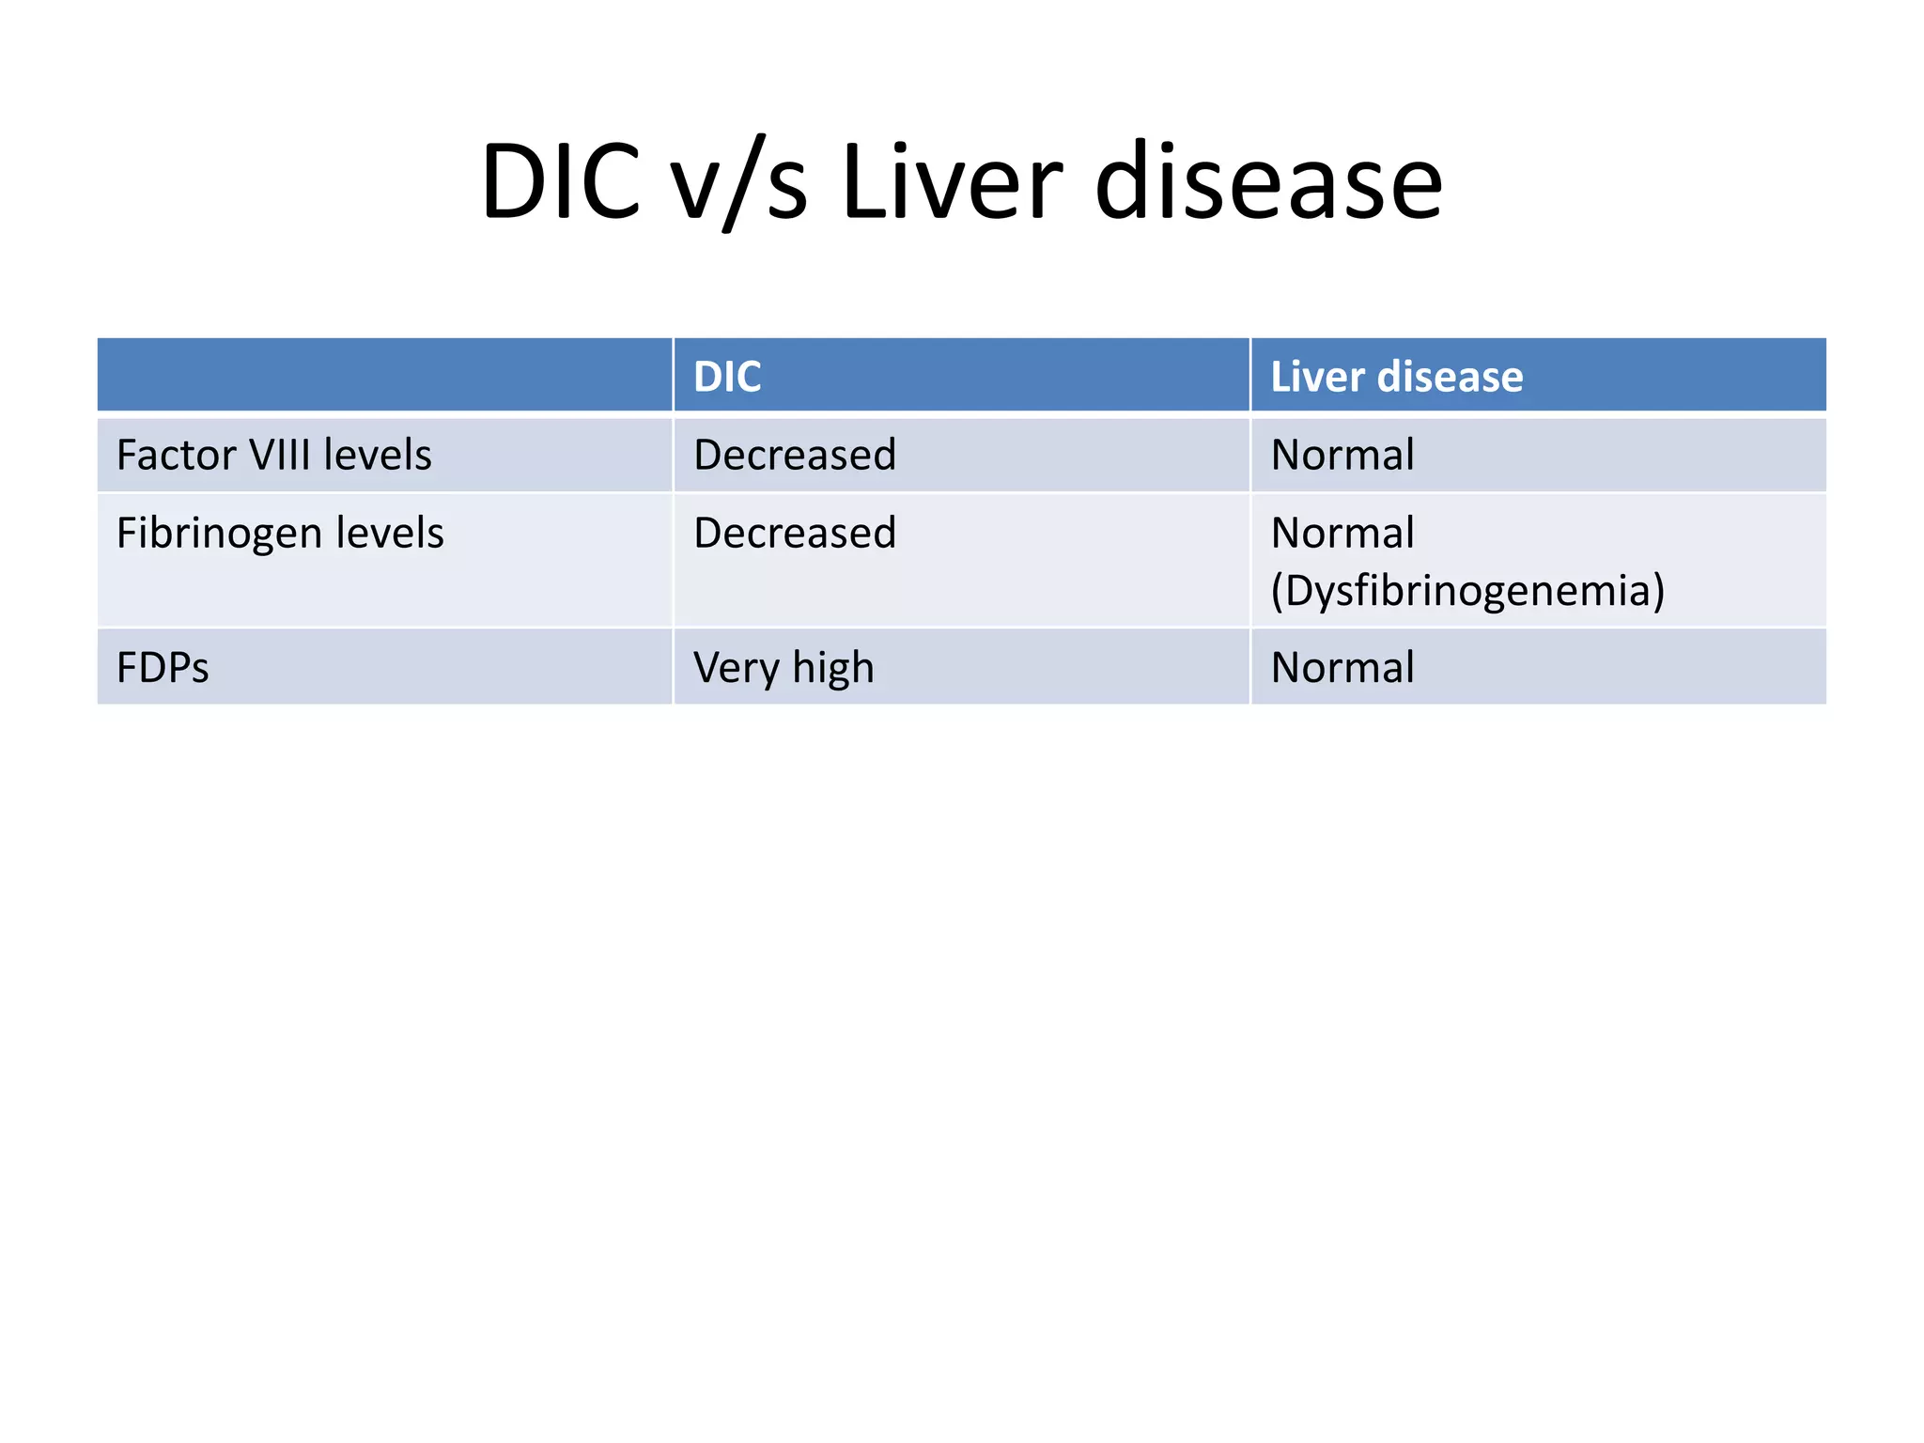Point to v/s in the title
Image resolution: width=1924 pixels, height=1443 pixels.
click(x=739, y=183)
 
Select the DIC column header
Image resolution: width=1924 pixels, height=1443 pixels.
click(x=727, y=377)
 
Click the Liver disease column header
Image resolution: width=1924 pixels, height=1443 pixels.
click(x=1396, y=377)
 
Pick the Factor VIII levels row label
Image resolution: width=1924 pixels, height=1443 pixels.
click(x=273, y=455)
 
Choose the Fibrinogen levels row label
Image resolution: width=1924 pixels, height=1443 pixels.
click(x=280, y=533)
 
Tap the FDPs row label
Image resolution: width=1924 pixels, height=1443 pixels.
click(x=163, y=668)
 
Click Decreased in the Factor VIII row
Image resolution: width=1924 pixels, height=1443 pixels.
click(x=795, y=455)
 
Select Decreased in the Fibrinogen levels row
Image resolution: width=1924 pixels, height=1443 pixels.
click(x=795, y=533)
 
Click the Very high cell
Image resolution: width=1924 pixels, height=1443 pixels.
click(x=784, y=668)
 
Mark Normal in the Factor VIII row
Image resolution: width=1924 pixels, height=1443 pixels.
click(x=1342, y=455)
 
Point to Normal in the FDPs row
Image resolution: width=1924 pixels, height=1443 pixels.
click(x=1342, y=668)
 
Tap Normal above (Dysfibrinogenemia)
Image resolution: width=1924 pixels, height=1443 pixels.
click(x=1342, y=533)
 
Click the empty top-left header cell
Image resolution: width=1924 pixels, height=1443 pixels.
click(x=384, y=375)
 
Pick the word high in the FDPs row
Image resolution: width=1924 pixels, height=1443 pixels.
click(x=832, y=668)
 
